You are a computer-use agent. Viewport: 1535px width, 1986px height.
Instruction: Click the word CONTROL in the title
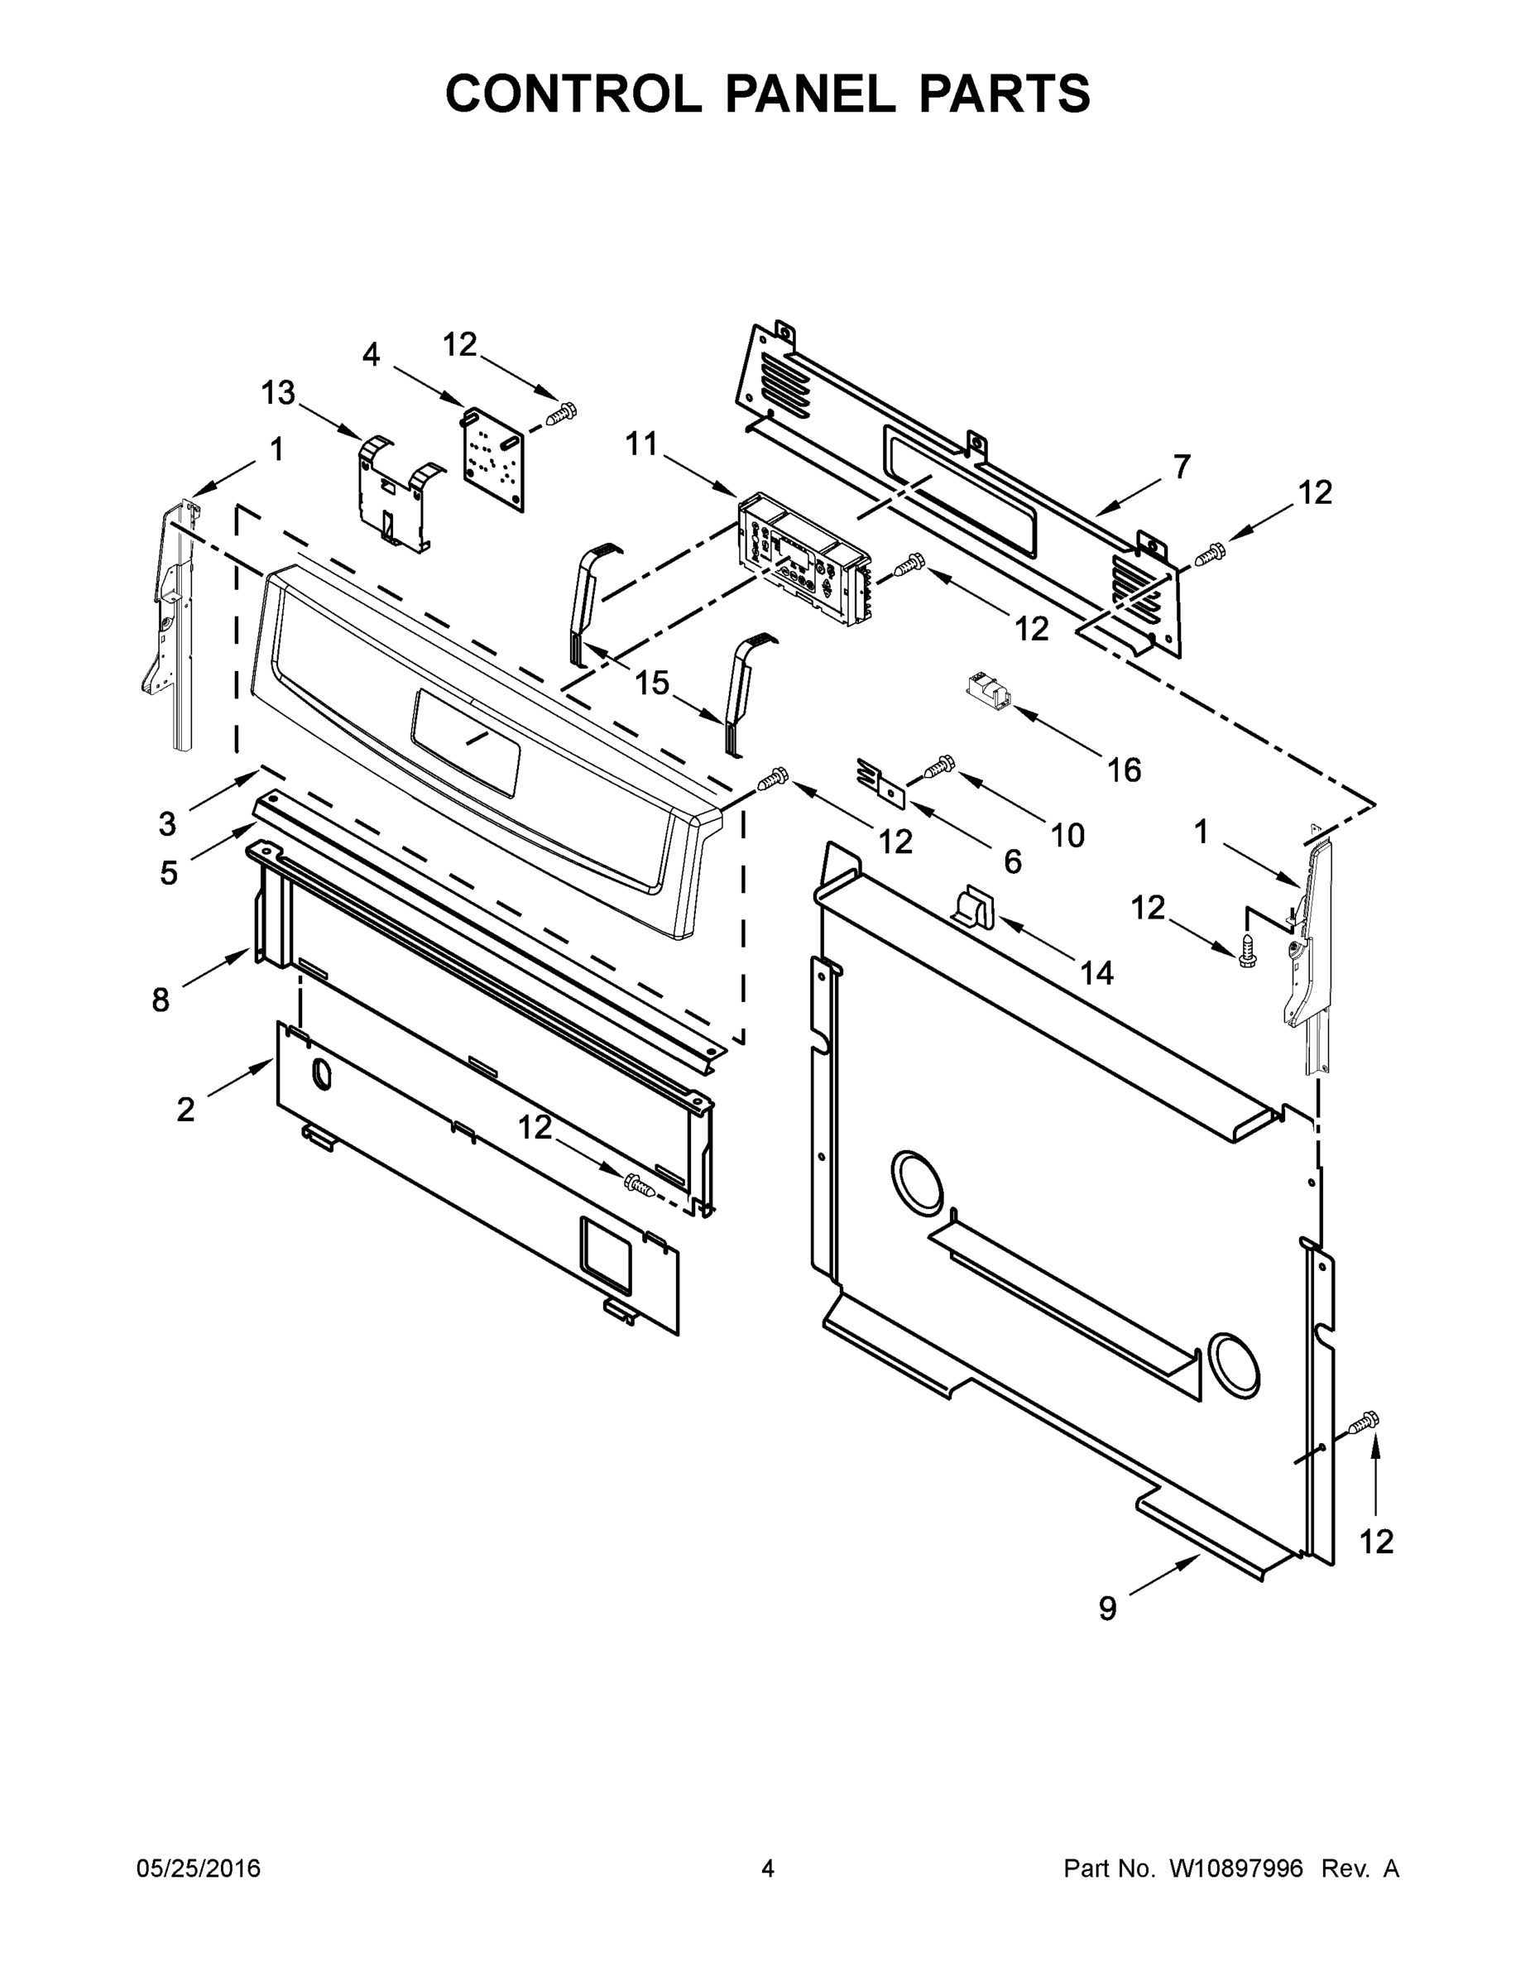572,94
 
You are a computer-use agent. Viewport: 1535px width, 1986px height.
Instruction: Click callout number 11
641,444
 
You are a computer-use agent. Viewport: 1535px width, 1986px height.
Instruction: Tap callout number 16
1124,770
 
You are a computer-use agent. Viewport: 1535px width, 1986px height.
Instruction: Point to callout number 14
1096,973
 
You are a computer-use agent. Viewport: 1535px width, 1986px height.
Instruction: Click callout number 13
278,393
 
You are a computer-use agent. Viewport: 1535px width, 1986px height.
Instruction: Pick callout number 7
1182,467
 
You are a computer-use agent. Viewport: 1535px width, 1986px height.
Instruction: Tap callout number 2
185,1110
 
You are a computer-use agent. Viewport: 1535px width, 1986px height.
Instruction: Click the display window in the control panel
466,741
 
